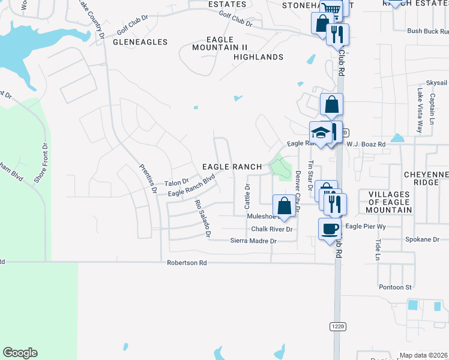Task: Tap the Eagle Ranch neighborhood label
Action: tap(232, 167)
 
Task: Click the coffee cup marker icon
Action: tap(330, 228)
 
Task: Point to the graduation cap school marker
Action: tap(321, 133)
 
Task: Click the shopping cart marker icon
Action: tap(330, 8)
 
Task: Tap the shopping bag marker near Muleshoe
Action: tap(285, 206)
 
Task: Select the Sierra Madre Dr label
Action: tap(253, 241)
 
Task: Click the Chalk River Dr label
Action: tap(271, 229)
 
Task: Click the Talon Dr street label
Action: tap(176, 182)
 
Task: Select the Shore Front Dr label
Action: tap(40, 162)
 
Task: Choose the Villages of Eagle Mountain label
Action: tap(389, 202)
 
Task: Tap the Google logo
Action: tap(20, 353)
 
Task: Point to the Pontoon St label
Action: tap(395, 287)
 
